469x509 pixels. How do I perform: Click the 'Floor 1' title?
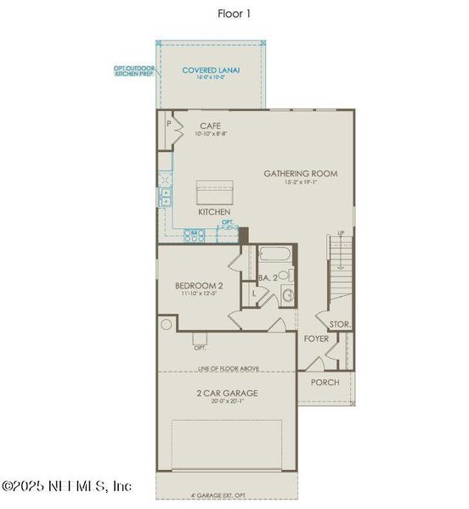click(x=234, y=13)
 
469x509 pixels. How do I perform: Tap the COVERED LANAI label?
click(x=210, y=70)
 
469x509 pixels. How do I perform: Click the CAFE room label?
click(x=210, y=126)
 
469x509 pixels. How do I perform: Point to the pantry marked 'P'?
click(x=169, y=124)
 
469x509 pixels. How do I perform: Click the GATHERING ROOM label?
click(x=300, y=174)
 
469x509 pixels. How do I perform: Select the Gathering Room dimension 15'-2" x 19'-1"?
click(x=300, y=182)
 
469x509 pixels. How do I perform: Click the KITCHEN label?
click(x=215, y=212)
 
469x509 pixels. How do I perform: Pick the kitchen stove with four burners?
click(x=195, y=235)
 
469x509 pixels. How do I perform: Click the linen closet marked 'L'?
click(x=253, y=294)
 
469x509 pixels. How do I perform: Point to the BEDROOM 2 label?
click(x=199, y=286)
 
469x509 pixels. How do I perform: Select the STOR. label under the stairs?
click(x=340, y=324)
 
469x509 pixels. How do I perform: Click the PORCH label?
click(x=325, y=383)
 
